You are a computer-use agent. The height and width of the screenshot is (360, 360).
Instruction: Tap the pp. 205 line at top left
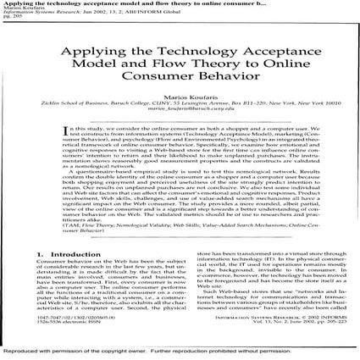pyautogui.click(x=9, y=19)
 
